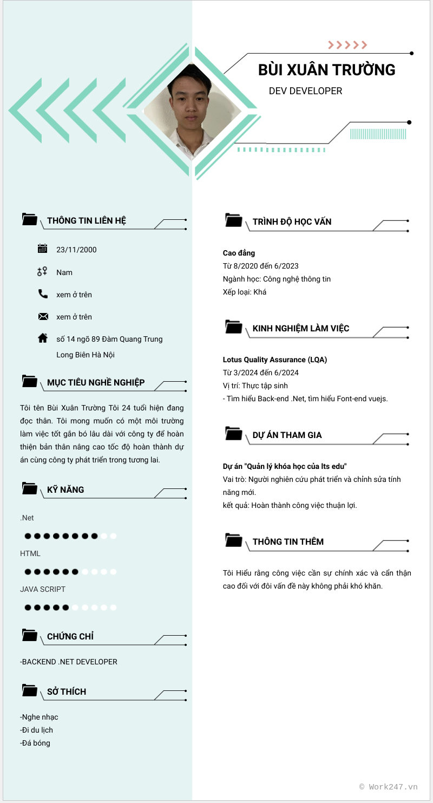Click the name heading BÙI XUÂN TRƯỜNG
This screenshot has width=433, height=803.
(326, 70)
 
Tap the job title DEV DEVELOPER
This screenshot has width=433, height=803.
(305, 91)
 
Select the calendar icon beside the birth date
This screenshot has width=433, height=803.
(43, 249)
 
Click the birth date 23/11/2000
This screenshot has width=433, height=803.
(76, 250)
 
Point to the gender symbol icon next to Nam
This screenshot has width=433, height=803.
(43, 272)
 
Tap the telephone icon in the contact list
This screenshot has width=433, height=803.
(43, 294)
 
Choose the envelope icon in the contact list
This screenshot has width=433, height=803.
(43, 317)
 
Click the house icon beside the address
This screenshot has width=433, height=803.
(43, 338)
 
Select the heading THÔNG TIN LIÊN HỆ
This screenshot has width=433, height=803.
(87, 220)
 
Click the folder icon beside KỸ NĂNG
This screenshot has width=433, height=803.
(30, 488)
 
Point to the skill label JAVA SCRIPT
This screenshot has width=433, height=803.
(43, 589)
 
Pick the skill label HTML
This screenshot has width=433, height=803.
(30, 553)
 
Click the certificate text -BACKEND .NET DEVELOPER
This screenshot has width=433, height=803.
(69, 662)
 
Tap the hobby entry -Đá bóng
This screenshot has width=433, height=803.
(35, 743)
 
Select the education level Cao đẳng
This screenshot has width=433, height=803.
(239, 253)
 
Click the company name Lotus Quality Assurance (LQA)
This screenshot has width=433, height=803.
(275, 360)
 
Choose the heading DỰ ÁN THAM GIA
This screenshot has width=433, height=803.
(287, 435)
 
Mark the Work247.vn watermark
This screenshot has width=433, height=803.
(389, 787)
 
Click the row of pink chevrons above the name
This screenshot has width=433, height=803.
(347, 45)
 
